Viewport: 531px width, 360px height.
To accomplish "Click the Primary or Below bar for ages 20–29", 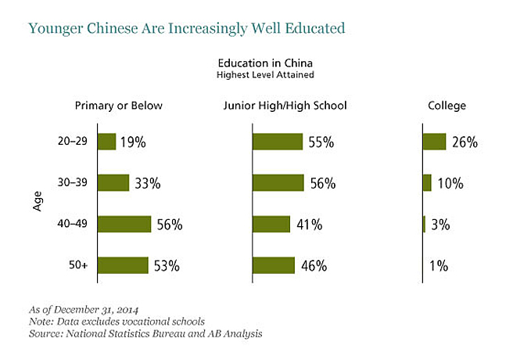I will (106, 142).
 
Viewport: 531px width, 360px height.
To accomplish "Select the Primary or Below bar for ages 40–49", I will (124, 224).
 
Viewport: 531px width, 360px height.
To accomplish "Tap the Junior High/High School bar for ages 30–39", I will (278, 183).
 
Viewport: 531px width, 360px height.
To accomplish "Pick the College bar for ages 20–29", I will (434, 142).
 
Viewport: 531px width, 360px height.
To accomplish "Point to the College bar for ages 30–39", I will (427, 183).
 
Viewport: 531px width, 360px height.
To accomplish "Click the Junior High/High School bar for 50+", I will (274, 265).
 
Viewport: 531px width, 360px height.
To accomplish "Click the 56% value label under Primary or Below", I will (169, 225).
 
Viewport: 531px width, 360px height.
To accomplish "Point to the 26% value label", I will (465, 142).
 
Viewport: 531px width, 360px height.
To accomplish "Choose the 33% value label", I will (147, 184).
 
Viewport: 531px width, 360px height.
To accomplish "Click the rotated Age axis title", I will (37, 202).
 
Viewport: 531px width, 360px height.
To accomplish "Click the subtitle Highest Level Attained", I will (267, 75).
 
